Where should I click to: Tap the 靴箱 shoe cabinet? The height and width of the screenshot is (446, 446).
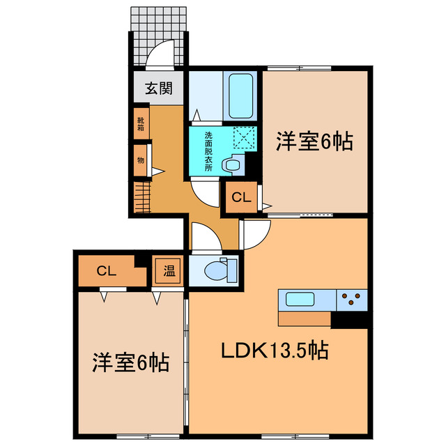tap(141, 124)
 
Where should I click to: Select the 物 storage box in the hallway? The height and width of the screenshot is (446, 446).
tap(141, 160)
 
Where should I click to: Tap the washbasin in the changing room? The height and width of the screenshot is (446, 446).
tap(230, 164)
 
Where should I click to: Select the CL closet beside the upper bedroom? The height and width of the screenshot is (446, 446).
tap(240, 198)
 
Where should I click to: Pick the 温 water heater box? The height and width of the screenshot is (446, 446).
tap(169, 270)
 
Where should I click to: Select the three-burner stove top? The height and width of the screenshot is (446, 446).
tap(353, 300)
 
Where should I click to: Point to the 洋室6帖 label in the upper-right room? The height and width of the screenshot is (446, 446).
tap(313, 141)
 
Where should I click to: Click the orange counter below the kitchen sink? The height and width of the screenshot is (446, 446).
tap(305, 318)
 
